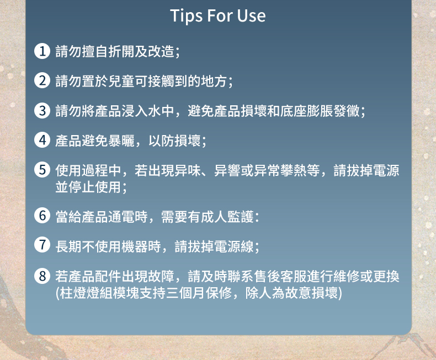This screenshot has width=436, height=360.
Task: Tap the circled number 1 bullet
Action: pyautogui.click(x=42, y=51)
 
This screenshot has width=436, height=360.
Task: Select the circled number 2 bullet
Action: pyautogui.click(x=42, y=80)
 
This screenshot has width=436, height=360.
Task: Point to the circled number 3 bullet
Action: pyautogui.click(x=42, y=110)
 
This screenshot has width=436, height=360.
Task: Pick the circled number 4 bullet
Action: pyautogui.click(x=42, y=139)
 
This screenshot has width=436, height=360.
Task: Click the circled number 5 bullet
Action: pyautogui.click(x=42, y=169)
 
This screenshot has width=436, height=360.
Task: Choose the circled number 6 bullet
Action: pyautogui.click(x=42, y=216)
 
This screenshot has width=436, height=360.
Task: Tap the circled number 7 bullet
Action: pyautogui.click(x=42, y=245)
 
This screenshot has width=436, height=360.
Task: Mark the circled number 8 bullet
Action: pyautogui.click(x=42, y=276)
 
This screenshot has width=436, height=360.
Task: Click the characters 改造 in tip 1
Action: pyautogui.click(x=161, y=51)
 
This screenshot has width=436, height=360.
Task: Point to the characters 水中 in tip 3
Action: pyautogui.click(x=161, y=111)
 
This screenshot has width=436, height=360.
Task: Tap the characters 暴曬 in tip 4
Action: pyautogui.click(x=121, y=141)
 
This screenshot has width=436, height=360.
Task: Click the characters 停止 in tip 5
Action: pyautogui.click(x=82, y=187)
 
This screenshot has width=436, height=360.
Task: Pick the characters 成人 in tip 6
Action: pyautogui.click(x=214, y=217)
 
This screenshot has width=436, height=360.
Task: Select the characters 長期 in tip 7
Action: pyautogui.click(x=68, y=246)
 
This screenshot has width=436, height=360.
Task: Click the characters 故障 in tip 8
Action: pyautogui.click(x=161, y=276)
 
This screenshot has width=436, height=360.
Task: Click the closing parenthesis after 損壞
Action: pyautogui.click(x=340, y=293)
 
